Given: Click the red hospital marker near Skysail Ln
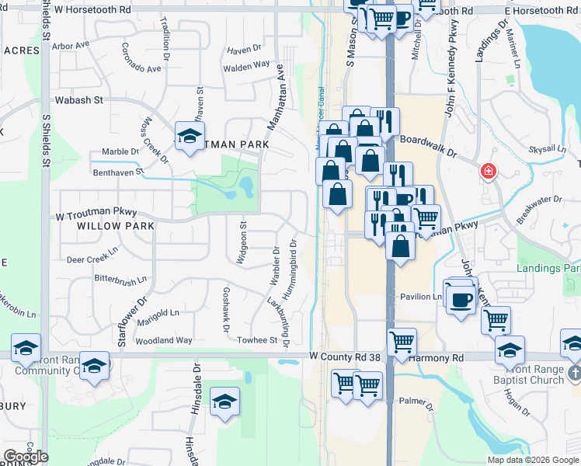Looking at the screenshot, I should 488,171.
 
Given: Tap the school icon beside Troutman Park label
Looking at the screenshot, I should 190,137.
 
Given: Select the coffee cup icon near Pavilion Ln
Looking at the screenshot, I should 461,298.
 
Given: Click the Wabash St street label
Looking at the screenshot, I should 79,100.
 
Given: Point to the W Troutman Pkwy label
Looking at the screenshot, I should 96,212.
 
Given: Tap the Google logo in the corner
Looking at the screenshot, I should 25,457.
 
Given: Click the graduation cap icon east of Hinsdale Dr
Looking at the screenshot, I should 224,402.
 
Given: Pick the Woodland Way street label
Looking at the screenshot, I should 163,340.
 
